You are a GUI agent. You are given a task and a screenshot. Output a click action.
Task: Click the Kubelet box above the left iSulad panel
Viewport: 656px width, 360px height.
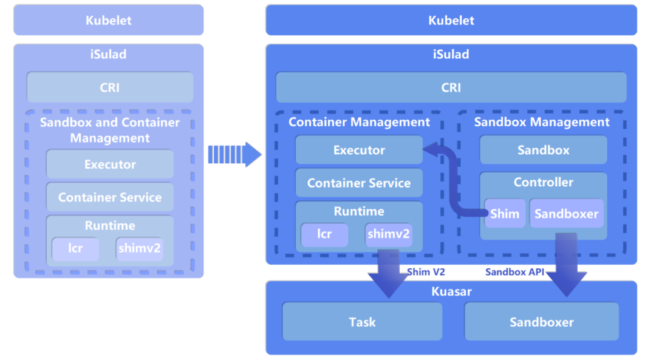point(109,20)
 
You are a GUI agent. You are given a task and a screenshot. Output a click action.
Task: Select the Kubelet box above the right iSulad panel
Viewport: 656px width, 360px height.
point(451,20)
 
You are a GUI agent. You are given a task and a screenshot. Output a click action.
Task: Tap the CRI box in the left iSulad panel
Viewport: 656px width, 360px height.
point(110,87)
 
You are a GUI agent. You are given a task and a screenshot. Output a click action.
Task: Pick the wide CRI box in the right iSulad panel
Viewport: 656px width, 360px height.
point(451,87)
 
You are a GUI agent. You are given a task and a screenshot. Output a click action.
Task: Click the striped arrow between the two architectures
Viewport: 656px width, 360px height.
point(234,154)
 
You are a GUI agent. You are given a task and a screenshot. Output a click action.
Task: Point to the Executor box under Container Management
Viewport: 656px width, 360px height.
point(359,150)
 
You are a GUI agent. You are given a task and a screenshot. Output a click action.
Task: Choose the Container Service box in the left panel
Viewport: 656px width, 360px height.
point(110,197)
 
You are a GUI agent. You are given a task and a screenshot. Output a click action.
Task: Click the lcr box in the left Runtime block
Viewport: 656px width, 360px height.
point(75,249)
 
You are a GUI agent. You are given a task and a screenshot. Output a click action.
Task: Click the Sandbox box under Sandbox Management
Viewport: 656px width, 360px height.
point(543,150)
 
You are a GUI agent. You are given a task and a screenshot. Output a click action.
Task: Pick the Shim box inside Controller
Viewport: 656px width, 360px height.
point(505,214)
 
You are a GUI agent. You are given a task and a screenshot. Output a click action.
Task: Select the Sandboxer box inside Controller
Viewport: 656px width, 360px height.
point(567,214)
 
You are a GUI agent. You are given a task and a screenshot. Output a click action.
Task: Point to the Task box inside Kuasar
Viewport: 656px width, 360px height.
point(362,322)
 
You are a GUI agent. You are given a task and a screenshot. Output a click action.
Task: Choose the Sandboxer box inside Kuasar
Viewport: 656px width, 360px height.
point(541,322)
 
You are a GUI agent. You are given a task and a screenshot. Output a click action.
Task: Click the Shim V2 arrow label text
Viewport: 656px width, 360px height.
point(426,272)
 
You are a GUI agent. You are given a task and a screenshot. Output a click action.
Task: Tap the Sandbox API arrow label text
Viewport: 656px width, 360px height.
point(515,272)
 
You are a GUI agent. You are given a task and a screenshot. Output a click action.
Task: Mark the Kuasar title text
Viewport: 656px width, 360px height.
point(451,291)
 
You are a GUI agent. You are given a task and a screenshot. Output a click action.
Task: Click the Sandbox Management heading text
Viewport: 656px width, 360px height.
point(542,122)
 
